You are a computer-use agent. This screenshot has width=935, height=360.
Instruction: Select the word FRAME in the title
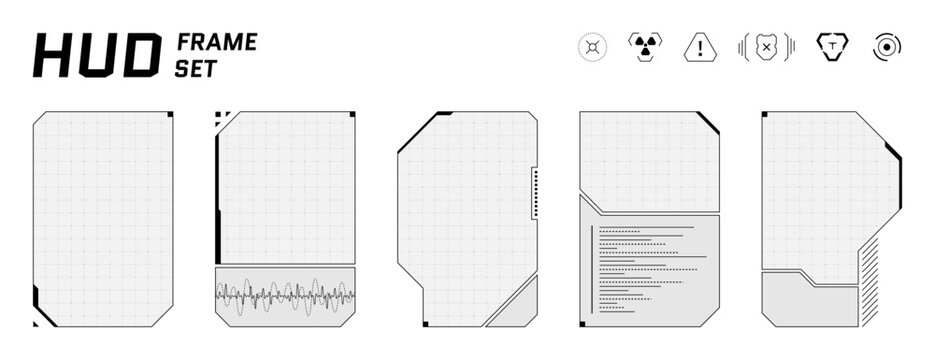click(x=217, y=42)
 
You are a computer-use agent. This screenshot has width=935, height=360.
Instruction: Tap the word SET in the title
click(x=197, y=67)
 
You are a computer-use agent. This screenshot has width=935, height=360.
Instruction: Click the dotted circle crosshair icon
click(x=593, y=47)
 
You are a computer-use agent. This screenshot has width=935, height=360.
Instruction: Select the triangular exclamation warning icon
click(x=701, y=47)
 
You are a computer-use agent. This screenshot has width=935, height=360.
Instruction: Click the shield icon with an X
click(x=766, y=47)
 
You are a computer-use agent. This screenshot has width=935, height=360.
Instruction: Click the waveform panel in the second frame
click(x=286, y=297)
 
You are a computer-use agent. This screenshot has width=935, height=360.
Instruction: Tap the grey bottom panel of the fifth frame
click(x=810, y=304)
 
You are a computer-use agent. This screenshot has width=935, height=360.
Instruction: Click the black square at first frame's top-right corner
click(x=170, y=115)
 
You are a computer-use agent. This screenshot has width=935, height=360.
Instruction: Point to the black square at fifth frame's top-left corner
click(x=764, y=114)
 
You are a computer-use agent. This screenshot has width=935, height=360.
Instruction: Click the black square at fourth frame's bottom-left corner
click(x=583, y=324)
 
